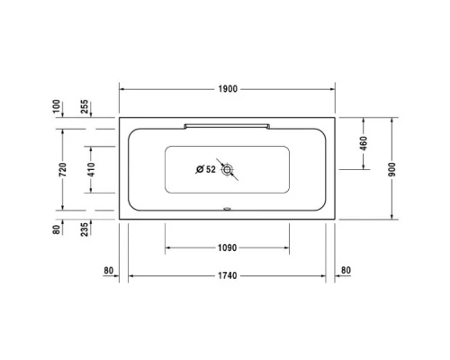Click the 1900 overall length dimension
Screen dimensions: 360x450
(228, 88)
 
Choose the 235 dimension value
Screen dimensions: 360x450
(84, 229)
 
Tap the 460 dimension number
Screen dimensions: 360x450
(364, 143)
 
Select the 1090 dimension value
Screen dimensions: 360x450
(227, 247)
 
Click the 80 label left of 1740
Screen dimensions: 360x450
(109, 270)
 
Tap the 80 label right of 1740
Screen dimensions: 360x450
(346, 270)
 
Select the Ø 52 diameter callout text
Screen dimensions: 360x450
(205, 168)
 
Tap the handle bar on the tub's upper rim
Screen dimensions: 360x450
(227, 121)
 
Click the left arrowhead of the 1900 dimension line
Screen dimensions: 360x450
(123, 88)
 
